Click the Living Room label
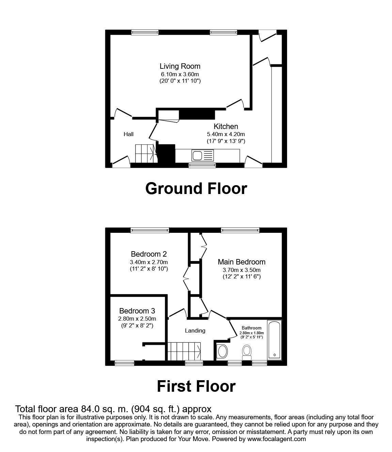click(180, 66)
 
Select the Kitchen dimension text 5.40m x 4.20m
click(226, 134)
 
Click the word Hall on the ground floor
click(128, 134)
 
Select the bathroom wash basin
click(223, 351)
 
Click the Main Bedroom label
click(241, 262)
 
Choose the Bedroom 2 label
click(149, 254)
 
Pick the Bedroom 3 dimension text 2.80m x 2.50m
click(137, 319)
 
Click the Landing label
click(195, 330)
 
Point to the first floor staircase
click(184, 351)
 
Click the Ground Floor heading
click(196, 188)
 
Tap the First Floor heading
click(196, 386)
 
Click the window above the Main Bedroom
click(240, 230)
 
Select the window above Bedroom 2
click(150, 230)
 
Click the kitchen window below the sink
click(202, 165)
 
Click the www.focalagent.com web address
click(276, 439)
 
